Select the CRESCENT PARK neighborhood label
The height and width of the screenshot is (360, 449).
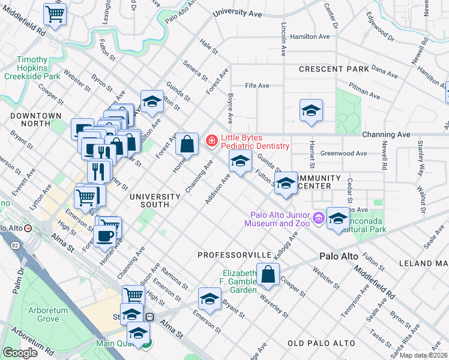click(x=334, y=70)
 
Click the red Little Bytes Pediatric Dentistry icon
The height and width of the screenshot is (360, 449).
click(x=211, y=141)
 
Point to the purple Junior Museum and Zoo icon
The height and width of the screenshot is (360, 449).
click(x=318, y=218)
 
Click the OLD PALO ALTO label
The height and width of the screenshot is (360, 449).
click(x=319, y=343)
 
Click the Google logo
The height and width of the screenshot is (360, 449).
click(x=20, y=353)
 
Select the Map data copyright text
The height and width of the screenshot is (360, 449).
click(x=423, y=355)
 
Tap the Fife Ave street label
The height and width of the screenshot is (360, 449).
click(x=257, y=86)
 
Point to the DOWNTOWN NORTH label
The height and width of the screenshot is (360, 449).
click(x=35, y=119)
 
